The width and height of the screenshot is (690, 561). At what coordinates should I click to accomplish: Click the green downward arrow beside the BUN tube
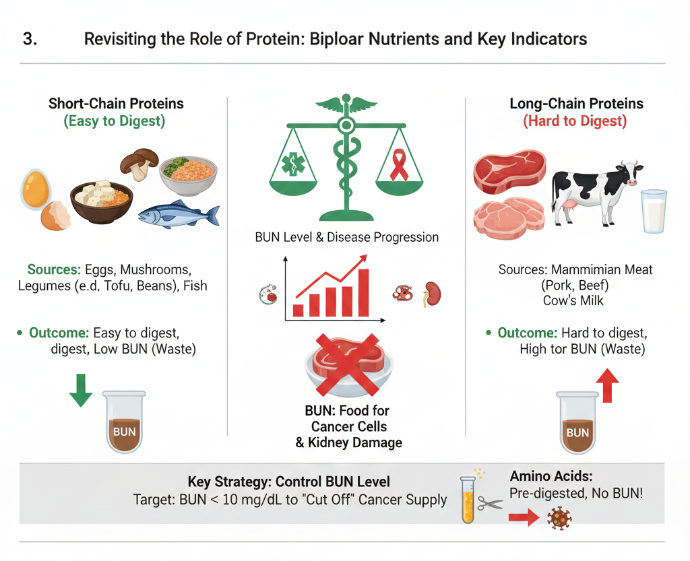click(81, 391)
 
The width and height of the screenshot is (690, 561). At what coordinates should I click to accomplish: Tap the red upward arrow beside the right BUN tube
click(608, 386)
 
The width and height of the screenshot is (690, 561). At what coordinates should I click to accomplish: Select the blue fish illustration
click(179, 214)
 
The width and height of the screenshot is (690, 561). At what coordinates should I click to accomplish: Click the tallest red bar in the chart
click(364, 292)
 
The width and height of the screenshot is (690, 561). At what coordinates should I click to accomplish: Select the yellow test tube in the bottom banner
click(468, 499)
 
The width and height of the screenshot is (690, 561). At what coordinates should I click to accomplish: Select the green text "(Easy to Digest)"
click(115, 122)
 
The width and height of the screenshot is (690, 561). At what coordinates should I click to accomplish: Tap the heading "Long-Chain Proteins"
click(576, 104)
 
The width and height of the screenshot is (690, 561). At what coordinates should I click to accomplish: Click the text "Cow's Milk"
click(575, 300)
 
